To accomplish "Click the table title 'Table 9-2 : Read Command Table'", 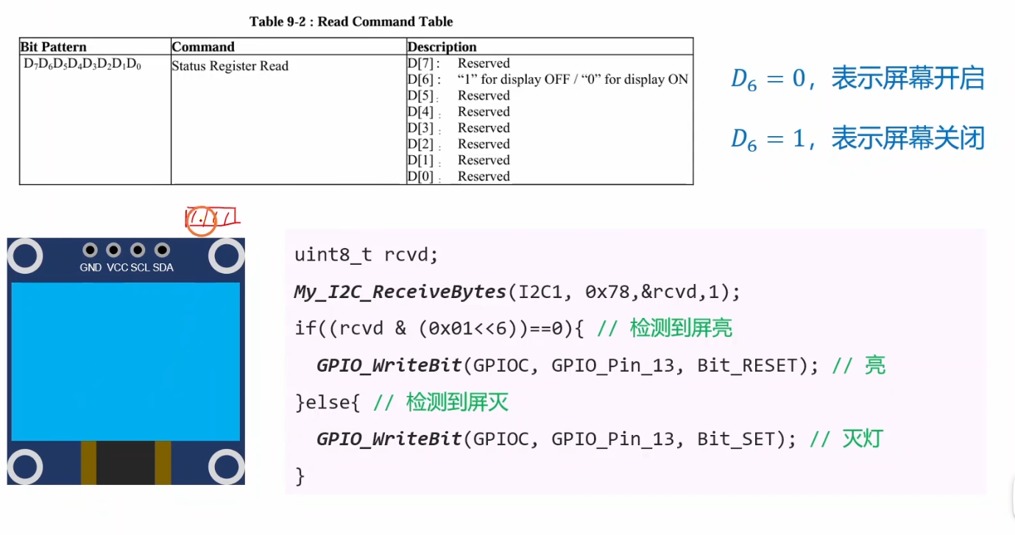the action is (x=351, y=21).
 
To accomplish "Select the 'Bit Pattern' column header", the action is (x=54, y=47).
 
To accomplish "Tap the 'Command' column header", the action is (x=203, y=47).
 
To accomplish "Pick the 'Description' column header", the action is (x=442, y=47).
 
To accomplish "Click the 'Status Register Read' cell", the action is (x=230, y=66).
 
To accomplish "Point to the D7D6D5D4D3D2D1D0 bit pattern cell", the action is (x=82, y=65).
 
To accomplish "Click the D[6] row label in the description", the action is (x=424, y=79).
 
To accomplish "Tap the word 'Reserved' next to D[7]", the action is (x=484, y=63).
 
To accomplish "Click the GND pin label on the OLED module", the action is (x=91, y=268).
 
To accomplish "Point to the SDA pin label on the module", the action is (x=163, y=268).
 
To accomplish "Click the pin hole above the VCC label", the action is (x=113, y=250).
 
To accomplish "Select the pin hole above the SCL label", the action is (x=138, y=250).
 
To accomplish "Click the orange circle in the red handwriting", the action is (x=201, y=221).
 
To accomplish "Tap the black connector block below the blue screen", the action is (x=126, y=462).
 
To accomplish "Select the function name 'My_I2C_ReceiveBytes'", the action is (x=400, y=292).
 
